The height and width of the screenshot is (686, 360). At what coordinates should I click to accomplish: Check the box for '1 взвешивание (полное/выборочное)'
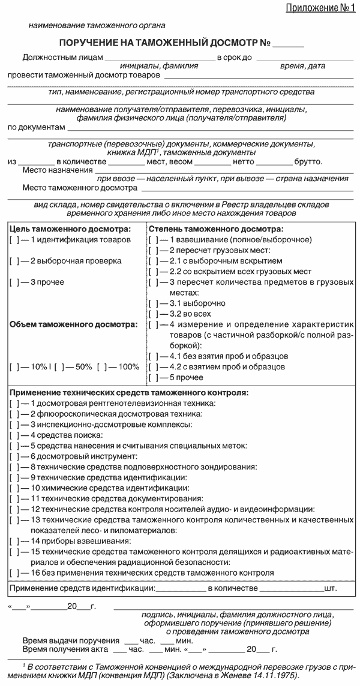pos(153,240)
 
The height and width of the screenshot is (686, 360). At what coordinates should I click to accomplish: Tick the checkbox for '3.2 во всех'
pos(153,314)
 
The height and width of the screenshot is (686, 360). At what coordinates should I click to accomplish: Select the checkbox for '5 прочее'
pos(153,378)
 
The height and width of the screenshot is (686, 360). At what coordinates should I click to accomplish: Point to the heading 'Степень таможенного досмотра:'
pos(216,229)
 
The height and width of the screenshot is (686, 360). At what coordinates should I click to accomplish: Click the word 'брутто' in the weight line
pos(307,162)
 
